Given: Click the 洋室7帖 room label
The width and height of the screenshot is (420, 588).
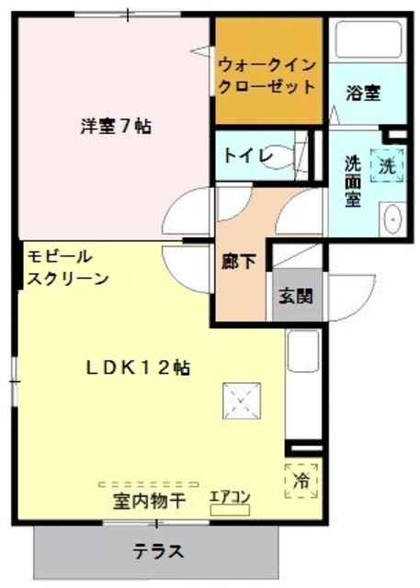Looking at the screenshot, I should (x=114, y=127).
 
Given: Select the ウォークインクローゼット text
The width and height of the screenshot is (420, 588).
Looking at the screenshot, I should (x=267, y=75).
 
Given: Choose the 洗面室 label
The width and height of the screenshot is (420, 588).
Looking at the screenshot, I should (x=352, y=182).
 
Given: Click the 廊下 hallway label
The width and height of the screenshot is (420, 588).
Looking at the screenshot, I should (x=239, y=261).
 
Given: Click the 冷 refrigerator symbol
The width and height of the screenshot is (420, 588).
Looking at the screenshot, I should (x=301, y=479).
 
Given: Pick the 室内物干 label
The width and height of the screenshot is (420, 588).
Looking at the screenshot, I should (x=149, y=502).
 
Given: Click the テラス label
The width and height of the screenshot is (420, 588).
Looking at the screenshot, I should (x=157, y=552).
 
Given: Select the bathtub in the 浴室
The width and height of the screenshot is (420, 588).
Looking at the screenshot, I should (x=366, y=41).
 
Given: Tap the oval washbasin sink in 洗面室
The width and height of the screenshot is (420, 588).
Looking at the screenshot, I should (x=392, y=220).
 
